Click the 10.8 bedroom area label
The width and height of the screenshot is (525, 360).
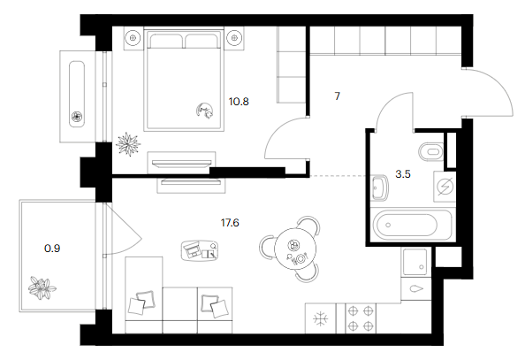coord(239,101)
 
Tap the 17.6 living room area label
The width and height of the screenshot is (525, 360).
coord(230,223)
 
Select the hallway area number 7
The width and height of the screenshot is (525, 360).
coord(337,96)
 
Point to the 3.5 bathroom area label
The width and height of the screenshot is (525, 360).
coord(403,174)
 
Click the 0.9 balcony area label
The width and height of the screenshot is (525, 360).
coord(52,249)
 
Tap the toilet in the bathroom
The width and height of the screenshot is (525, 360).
coord(430,152)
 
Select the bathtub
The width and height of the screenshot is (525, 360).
coord(413,224)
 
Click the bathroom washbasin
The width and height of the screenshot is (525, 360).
coord(379,187)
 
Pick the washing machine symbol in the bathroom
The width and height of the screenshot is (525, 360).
coord(445,187)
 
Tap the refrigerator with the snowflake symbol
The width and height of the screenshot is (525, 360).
coord(321,318)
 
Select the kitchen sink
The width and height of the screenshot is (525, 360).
coord(415,262)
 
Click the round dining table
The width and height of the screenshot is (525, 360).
coord(295,249)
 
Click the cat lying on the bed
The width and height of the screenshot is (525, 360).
coord(205,111)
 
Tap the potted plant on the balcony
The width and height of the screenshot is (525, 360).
coord(42,287)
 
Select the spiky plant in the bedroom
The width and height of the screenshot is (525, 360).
coord(128,144)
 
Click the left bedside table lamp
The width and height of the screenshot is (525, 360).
coord(133,38)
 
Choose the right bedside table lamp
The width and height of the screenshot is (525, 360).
coord(234,38)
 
